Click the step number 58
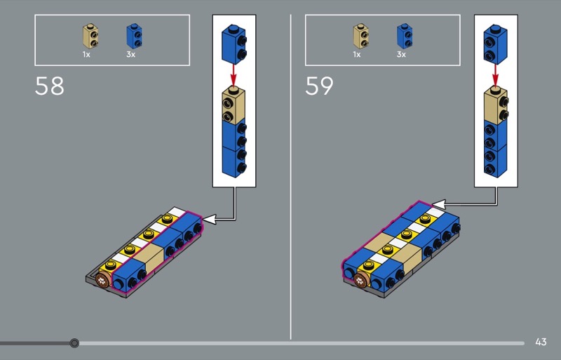point(49,86)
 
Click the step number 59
point(319,86)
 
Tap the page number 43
point(541,342)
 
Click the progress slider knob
point(74,343)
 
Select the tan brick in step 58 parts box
point(90,36)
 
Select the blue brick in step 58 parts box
point(134,36)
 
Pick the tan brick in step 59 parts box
point(361,36)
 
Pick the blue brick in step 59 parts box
point(405,36)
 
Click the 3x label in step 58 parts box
point(130,55)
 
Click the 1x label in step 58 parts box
point(86,55)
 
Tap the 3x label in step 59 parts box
point(401,55)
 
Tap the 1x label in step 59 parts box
point(357,55)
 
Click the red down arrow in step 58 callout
point(234,75)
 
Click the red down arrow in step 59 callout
point(495,75)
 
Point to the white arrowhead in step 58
point(209,219)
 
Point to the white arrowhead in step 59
point(439,204)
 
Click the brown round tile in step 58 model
point(103,280)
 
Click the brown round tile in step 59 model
point(362,280)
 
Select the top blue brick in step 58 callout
point(234,44)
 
